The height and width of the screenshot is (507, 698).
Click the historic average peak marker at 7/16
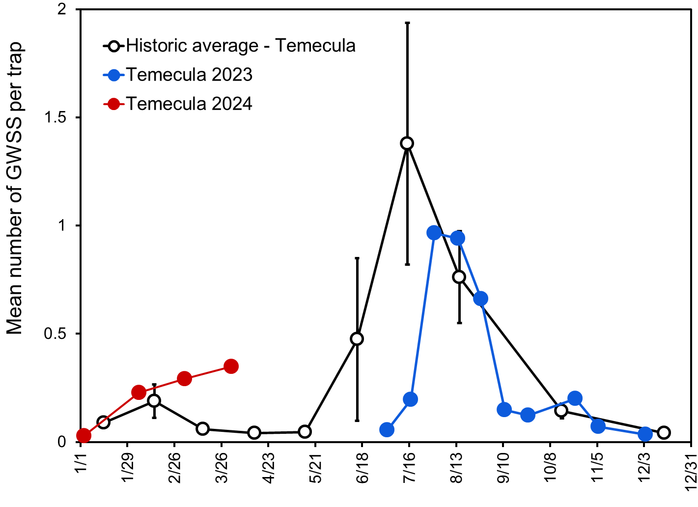(407, 143)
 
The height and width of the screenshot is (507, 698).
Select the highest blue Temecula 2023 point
(434, 233)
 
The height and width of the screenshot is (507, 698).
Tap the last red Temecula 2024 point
(231, 366)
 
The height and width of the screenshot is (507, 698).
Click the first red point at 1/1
(84, 435)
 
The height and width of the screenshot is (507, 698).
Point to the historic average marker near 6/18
(357, 338)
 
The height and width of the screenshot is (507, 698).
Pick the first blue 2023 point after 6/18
(387, 429)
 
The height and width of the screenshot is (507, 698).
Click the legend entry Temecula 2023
(189, 75)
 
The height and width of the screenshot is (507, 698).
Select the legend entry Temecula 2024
(189, 104)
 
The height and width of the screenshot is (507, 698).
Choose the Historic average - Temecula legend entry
(241, 46)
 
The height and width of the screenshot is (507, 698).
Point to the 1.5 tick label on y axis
(56, 118)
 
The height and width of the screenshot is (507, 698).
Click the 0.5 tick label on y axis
(56, 334)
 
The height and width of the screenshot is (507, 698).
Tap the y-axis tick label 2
(62, 10)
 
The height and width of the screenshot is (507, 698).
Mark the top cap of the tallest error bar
(407, 23)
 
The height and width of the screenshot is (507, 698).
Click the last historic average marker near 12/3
(664, 432)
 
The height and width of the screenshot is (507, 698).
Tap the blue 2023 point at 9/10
(504, 409)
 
